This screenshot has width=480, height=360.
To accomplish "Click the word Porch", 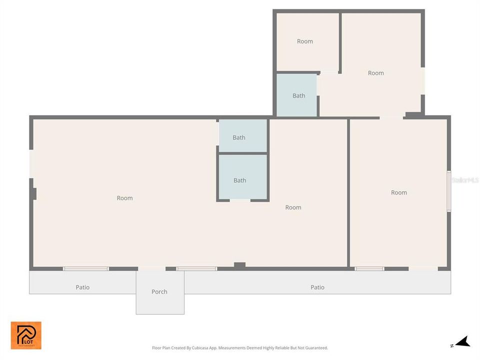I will point(159,291).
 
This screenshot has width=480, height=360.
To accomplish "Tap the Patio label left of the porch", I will point(82,287).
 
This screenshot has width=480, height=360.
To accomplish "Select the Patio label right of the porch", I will point(317,287).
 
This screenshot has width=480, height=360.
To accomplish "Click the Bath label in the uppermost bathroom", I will point(299,95).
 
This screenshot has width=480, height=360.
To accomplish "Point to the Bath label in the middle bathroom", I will point(239,137).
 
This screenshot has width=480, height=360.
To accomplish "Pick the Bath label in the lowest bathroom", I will point(240,180).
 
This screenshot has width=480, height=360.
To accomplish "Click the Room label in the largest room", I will point(125,198).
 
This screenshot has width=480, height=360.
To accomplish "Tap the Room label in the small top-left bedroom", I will point(305,41).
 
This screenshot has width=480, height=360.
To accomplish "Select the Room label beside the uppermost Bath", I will point(376,73).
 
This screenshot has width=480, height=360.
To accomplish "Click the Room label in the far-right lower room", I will point(399,192).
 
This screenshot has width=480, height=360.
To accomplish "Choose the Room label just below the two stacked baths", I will point(293,207).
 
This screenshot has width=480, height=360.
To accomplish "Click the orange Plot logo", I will point(26,335).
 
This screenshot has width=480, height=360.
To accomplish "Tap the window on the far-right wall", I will point(448,191).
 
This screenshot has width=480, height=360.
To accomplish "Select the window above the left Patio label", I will point(85,269).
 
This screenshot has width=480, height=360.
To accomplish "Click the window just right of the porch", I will point(196,269).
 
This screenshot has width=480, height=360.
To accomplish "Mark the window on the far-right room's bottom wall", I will point(369,269).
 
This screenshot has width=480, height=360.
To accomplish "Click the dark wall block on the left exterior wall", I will point(33,193).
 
